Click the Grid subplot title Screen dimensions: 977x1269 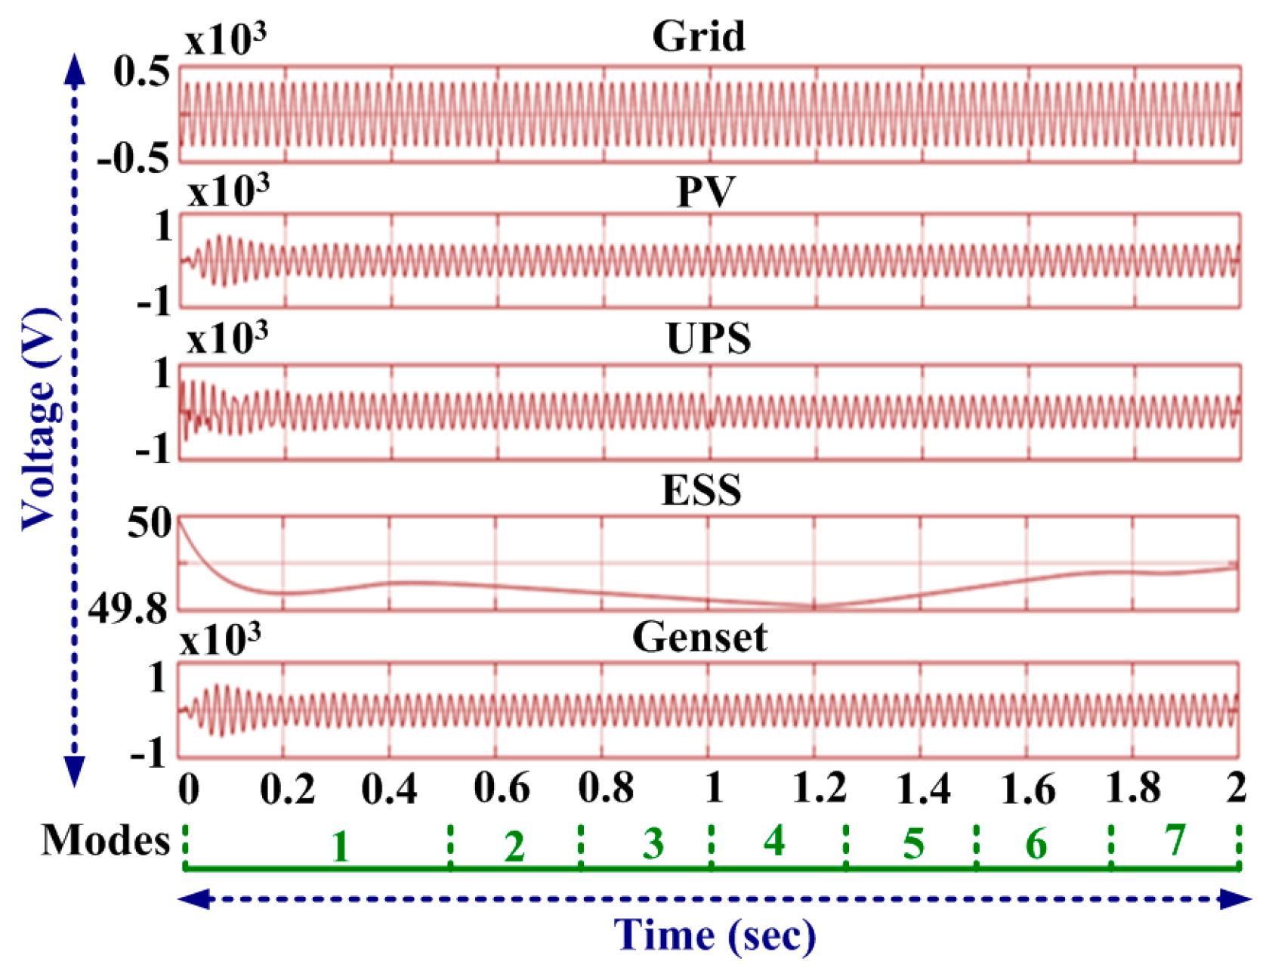click(x=699, y=36)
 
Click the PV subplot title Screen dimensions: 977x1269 click(x=706, y=191)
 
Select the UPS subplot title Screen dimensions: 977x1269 click(x=709, y=339)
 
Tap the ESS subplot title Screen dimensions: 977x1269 click(x=701, y=490)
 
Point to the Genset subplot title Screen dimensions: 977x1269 click(x=699, y=638)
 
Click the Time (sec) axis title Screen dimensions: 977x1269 click(x=715, y=935)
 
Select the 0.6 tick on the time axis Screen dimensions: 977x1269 click(x=501, y=789)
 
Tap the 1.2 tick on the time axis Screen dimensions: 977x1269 click(x=820, y=789)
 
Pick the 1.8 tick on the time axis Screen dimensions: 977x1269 click(x=1133, y=789)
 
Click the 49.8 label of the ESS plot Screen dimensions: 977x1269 click(x=128, y=609)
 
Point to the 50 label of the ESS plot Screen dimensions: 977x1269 click(x=149, y=523)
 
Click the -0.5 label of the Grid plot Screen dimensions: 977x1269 click(x=133, y=159)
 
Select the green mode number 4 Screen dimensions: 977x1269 click(x=773, y=841)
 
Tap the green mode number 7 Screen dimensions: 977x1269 click(x=1175, y=841)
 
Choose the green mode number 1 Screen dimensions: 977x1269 click(x=340, y=847)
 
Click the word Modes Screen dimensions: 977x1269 click(x=105, y=840)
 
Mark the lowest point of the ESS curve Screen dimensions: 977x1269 click(x=814, y=606)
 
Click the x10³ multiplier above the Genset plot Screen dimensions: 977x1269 click(x=221, y=640)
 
